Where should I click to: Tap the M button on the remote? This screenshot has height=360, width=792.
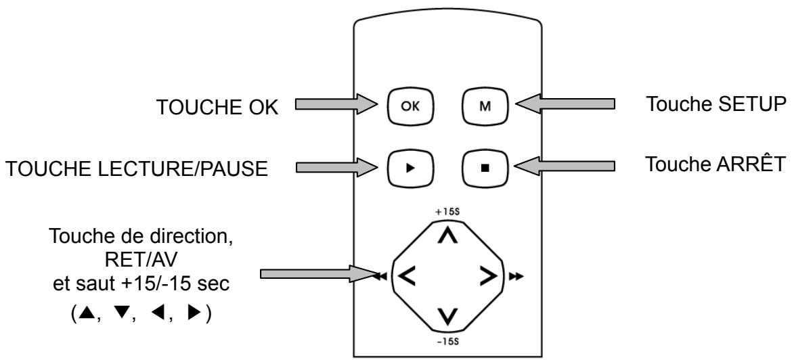pyautogui.click(x=485, y=106)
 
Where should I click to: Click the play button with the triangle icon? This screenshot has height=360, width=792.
pyautogui.click(x=411, y=168)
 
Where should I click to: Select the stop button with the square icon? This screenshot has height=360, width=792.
pyautogui.click(x=485, y=168)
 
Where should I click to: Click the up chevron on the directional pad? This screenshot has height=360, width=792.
pyautogui.click(x=447, y=235)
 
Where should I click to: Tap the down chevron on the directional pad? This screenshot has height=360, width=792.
pyautogui.click(x=447, y=316)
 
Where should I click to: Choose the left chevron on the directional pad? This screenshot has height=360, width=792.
pyautogui.click(x=407, y=276)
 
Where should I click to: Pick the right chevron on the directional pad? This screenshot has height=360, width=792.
pyautogui.click(x=488, y=276)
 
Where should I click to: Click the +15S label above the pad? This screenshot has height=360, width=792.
pyautogui.click(x=447, y=212)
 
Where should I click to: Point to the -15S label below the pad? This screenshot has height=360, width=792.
pyautogui.click(x=447, y=341)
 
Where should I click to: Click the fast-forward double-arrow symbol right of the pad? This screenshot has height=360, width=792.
pyautogui.click(x=516, y=276)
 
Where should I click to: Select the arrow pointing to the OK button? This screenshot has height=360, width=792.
pyautogui.click(x=336, y=104)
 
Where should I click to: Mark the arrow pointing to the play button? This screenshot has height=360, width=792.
pyautogui.click(x=336, y=166)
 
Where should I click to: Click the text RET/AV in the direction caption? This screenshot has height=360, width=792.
pyautogui.click(x=141, y=260)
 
